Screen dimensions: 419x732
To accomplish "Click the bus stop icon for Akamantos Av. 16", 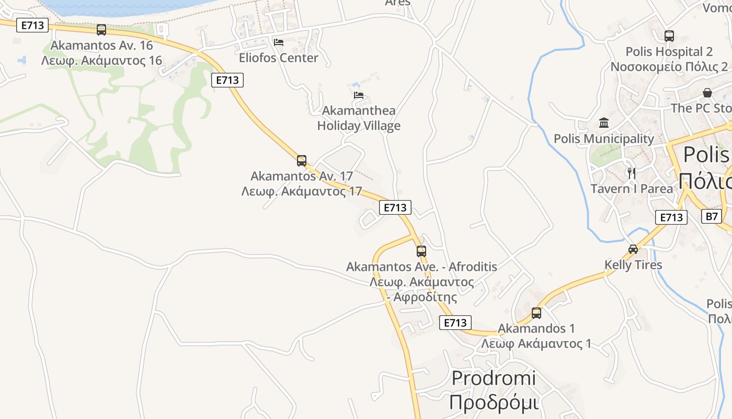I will pos(101,30).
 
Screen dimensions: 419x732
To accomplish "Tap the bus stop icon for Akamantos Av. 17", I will pos(302,161).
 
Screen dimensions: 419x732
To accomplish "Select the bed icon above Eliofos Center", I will pos(279,42).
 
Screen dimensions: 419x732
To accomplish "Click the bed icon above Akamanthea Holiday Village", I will pos(359,95).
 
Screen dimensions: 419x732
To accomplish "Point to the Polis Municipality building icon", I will pos(604,123).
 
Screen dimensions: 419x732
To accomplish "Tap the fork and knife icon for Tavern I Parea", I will pos(632,173).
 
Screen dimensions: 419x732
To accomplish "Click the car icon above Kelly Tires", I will pos(633,249).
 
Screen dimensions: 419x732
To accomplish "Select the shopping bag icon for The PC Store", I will pos(707,93).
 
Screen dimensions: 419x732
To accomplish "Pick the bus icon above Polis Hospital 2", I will pos(669,36).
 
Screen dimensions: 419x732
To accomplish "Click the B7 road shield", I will pos(712,216).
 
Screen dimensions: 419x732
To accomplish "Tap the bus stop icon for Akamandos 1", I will pos(536,313).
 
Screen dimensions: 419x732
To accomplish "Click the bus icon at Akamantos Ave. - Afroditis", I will pos(421,251).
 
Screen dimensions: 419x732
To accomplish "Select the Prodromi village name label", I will pos(494,378).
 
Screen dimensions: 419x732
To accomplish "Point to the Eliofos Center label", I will pos(279,58).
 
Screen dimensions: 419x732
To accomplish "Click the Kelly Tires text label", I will pos(633,265).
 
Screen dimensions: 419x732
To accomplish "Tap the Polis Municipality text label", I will pos(604,139).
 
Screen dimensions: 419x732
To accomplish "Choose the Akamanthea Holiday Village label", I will pos(359,118).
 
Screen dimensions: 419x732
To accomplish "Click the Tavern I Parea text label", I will pos(632,189).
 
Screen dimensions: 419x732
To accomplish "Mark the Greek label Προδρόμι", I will pos(494,402).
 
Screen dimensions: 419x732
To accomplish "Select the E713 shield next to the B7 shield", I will pos(671,217).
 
